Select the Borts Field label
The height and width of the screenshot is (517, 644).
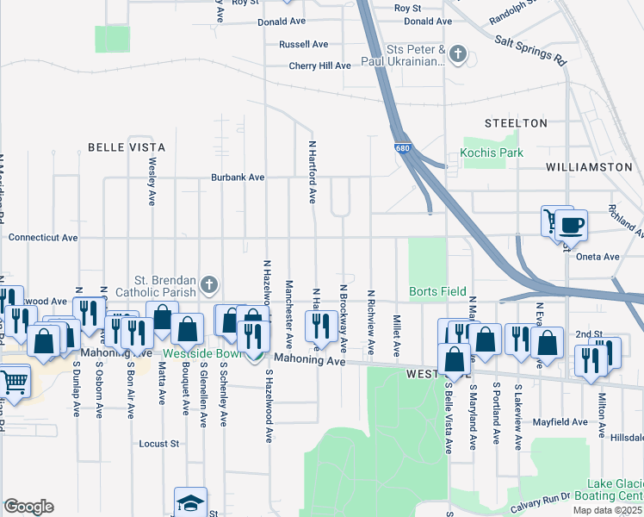point(438,291)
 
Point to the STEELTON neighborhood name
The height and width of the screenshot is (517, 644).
point(516,123)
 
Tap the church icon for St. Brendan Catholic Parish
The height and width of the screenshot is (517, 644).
point(207,283)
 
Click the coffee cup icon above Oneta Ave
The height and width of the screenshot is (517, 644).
point(571,226)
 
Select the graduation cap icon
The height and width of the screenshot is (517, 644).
point(190,503)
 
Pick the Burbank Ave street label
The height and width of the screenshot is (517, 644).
point(238,178)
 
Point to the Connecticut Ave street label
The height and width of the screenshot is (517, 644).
point(43,237)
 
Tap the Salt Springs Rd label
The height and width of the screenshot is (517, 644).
point(530,50)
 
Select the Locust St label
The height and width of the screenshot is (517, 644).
point(159,444)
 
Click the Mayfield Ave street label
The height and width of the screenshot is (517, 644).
point(559,422)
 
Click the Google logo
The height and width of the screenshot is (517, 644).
point(28,507)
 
